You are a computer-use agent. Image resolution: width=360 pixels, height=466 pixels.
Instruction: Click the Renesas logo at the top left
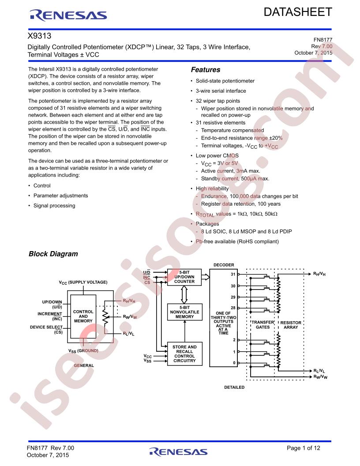pyautogui.click(x=68, y=15)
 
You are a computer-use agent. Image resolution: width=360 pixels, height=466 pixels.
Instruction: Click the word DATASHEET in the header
pyautogui.click(x=298, y=12)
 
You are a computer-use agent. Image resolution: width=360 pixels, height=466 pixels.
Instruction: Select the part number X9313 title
pyautogui.click(x=40, y=36)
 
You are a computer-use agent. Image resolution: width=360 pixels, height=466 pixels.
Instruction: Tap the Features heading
pyautogui.click(x=206, y=70)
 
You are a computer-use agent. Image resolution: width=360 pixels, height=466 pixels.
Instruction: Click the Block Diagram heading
pyautogui.click(x=53, y=254)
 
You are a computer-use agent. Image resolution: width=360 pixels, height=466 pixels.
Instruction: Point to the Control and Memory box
pyautogui.click(x=83, y=316)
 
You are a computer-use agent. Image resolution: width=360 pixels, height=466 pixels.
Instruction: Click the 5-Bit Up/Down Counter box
pyautogui.click(x=184, y=277)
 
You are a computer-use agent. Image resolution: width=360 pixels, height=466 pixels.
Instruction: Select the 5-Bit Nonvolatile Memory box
pyautogui.click(x=184, y=312)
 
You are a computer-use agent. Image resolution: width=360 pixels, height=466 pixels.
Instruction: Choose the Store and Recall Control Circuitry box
pyautogui.click(x=184, y=353)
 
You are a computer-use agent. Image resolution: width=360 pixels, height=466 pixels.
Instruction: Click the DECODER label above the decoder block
pyautogui.click(x=224, y=265)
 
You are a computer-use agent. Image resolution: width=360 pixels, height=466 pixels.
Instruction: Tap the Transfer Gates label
pyautogui.click(x=262, y=324)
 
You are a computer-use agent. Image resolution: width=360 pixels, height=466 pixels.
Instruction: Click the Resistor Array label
pyautogui.click(x=291, y=325)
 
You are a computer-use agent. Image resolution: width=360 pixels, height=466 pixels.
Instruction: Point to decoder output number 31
pyautogui.click(x=233, y=274)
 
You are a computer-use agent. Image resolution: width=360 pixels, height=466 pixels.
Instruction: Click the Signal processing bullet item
pyautogui.click(x=54, y=206)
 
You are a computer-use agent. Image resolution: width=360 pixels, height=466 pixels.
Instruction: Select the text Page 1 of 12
pyautogui.click(x=304, y=448)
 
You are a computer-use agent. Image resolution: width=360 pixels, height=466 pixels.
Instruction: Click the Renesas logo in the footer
pyautogui.click(x=178, y=452)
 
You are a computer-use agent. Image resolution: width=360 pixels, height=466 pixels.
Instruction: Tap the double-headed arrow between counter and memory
pyautogui.click(x=184, y=294)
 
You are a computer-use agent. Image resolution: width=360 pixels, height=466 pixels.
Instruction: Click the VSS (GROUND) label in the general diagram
pyautogui.click(x=83, y=351)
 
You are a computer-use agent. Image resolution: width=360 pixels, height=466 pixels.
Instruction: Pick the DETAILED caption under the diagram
pyautogui.click(x=234, y=387)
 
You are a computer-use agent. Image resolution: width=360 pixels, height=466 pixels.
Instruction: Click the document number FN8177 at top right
pyautogui.click(x=323, y=40)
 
